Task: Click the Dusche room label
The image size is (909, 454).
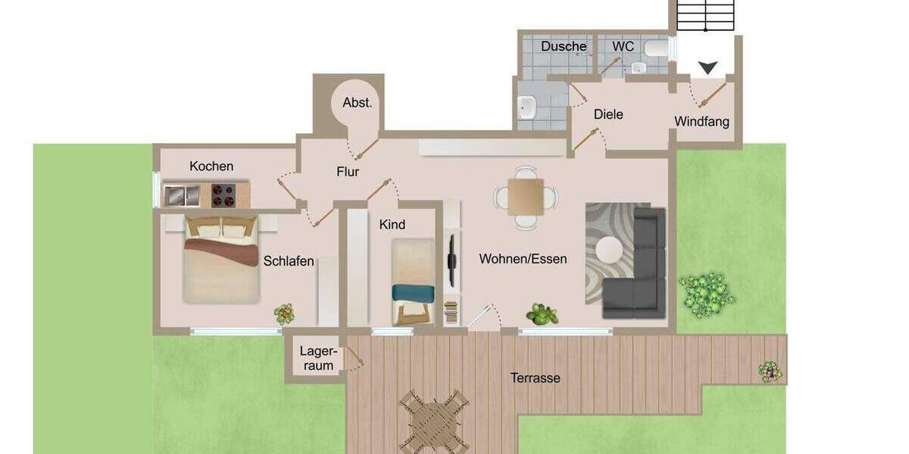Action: pyautogui.click(x=564, y=47)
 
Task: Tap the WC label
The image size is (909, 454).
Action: pyautogui.click(x=623, y=47)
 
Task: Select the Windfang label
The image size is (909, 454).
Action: pyautogui.click(x=702, y=122)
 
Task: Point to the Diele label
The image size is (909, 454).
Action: pyautogui.click(x=608, y=114)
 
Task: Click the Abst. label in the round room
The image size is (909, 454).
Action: pyautogui.click(x=358, y=103)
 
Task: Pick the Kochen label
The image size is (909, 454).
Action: pyautogui.click(x=211, y=166)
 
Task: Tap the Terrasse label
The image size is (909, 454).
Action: pyautogui.click(x=535, y=378)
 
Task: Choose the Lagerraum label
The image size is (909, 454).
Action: pyautogui.click(x=317, y=358)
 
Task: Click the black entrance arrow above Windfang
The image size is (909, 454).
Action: pyautogui.click(x=708, y=68)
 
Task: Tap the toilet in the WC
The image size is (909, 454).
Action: pyautogui.click(x=656, y=49)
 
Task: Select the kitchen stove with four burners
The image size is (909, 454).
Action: pyautogui.click(x=223, y=195)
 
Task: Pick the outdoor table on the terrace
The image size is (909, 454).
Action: pyautogui.click(x=434, y=420)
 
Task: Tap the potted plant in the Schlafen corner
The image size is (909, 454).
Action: pyautogui.click(x=284, y=313)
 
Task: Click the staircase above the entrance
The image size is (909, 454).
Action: pyautogui.click(x=706, y=14)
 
